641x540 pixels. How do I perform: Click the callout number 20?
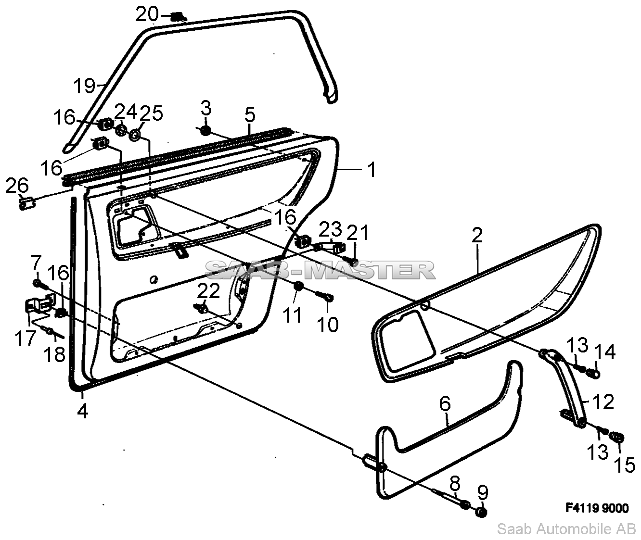click(x=146, y=14)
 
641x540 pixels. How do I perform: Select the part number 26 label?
click(x=17, y=186)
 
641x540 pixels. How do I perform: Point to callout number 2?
click(x=477, y=235)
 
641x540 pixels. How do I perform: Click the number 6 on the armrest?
click(x=445, y=404)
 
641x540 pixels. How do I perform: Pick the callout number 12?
click(x=603, y=401)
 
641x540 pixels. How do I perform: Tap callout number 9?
click(x=482, y=493)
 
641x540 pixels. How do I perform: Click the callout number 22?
click(x=208, y=291)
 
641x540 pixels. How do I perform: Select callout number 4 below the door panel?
click(x=83, y=411)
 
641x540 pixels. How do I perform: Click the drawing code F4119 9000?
click(x=597, y=508)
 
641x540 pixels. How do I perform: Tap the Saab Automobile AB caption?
click(x=566, y=529)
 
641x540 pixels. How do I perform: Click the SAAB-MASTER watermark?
click(x=320, y=271)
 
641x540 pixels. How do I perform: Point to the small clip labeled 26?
click(x=27, y=203)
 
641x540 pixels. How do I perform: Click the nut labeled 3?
click(x=205, y=130)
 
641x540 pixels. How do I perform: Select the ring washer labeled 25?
click(x=135, y=135)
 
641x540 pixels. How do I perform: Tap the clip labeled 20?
click(x=178, y=17)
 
